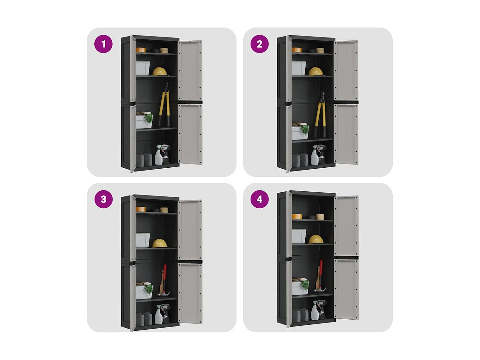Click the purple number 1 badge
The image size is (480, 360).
[103, 44]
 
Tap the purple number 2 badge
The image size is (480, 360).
[259, 44]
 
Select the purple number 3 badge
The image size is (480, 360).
[103, 199]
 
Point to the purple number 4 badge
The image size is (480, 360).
[260, 199]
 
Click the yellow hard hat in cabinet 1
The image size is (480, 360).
[160, 71]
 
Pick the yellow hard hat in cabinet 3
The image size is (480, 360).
[160, 244]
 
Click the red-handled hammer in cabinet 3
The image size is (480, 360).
[164, 281]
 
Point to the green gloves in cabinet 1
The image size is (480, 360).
[148, 117]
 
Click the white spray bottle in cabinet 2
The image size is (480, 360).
[315, 156]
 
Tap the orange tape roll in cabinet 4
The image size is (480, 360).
[297, 216]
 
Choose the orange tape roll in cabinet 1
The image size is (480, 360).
[140, 50]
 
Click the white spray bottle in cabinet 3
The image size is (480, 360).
[158, 315]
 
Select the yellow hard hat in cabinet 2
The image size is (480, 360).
[316, 71]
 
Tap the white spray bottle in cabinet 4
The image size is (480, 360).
[315, 310]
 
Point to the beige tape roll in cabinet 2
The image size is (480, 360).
[320, 51]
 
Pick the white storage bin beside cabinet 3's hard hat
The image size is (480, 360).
[143, 240]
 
